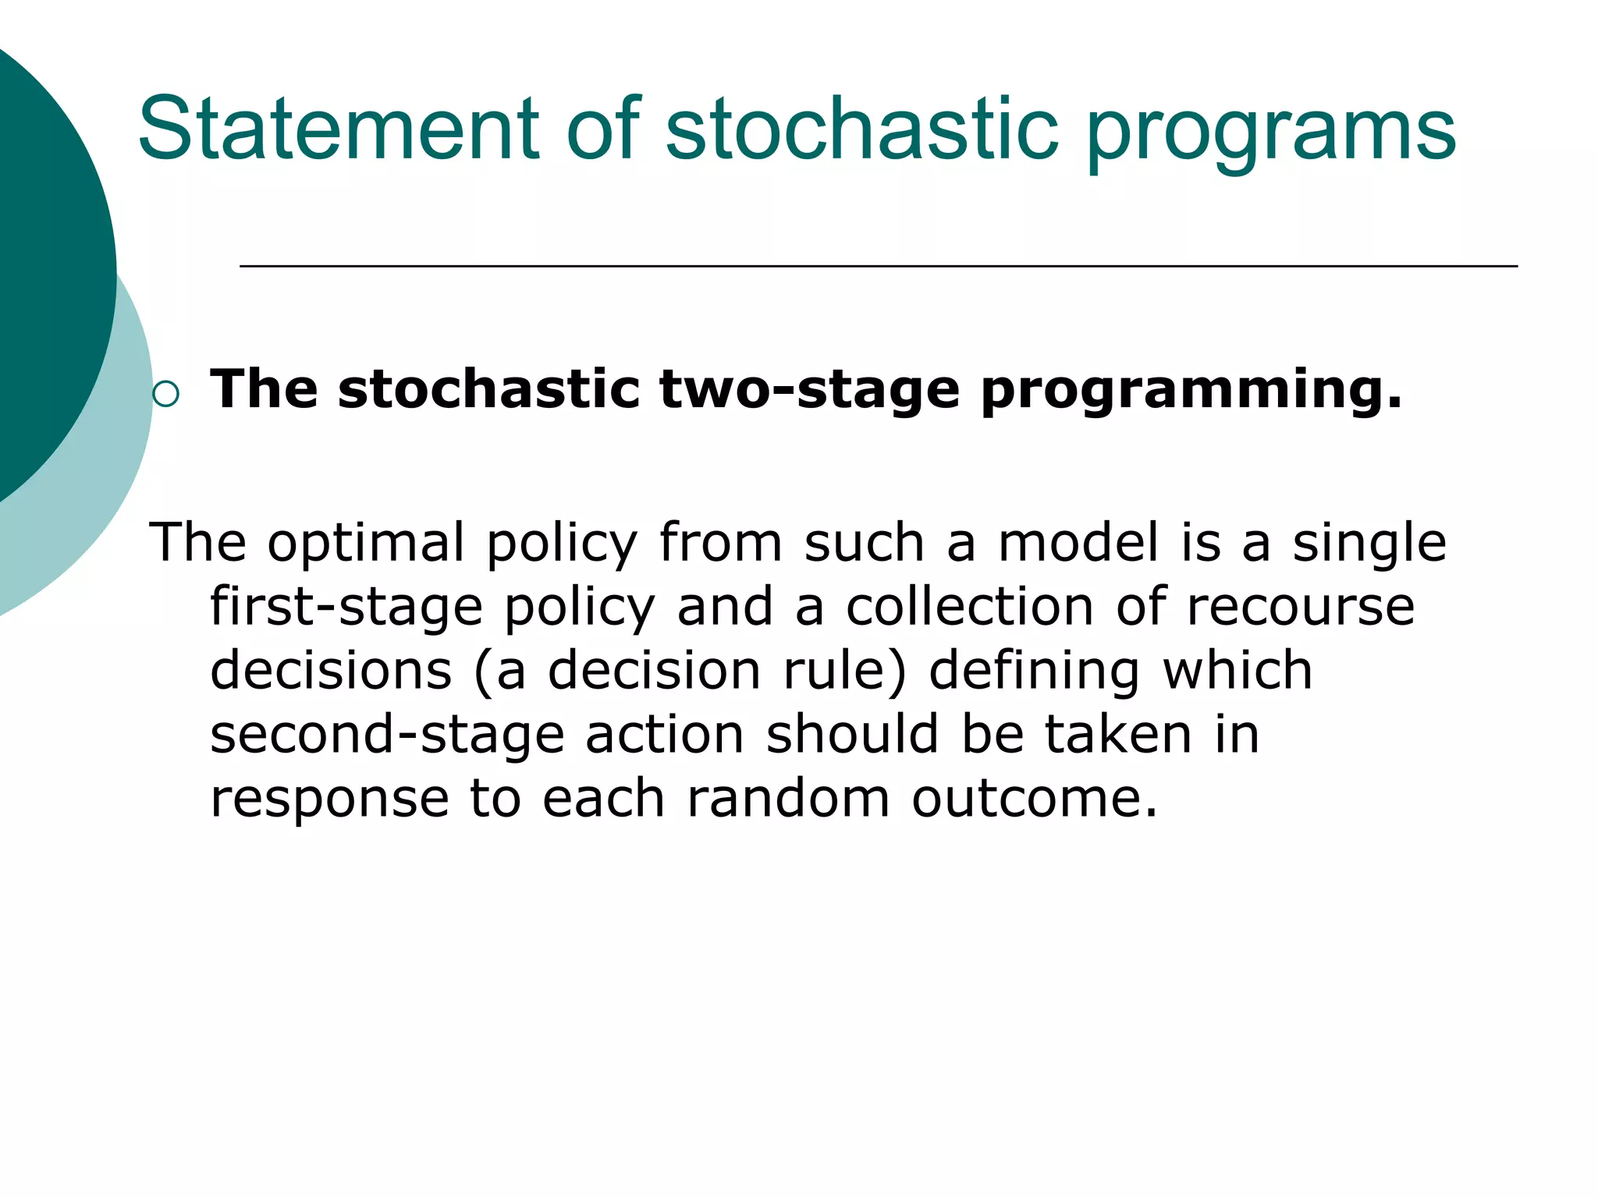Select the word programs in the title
pos(1270,133)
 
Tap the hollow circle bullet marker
pos(166,395)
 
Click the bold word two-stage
pos(809,390)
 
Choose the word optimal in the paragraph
pos(367,544)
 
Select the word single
pos(1369,544)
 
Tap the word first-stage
pos(346,608)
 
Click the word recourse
pos(1300,607)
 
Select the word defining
pos(1034,672)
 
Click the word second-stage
pos(387,736)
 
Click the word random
pos(788,799)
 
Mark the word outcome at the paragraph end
pos(1035,799)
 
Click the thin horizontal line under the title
pos(878,267)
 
